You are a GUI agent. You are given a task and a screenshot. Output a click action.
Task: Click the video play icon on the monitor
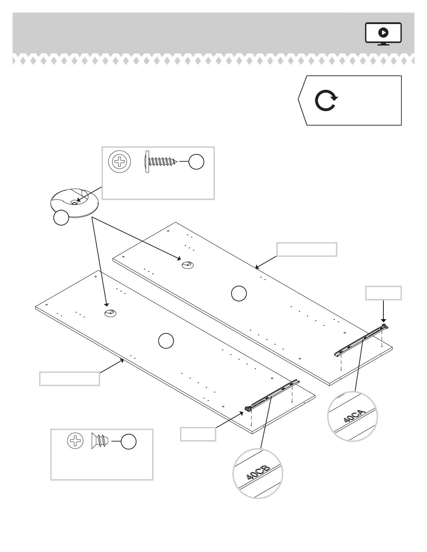pos(383,33)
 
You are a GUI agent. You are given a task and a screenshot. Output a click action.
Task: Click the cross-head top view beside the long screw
pos(120,162)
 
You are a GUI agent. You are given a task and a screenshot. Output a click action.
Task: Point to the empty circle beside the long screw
pos(196,162)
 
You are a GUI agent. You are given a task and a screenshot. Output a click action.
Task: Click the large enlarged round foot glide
pos(74,203)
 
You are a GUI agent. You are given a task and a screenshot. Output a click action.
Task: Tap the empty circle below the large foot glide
pos(61,218)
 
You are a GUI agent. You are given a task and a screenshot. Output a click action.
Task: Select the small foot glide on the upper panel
pos(187,265)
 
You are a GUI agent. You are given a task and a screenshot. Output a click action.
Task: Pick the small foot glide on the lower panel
pos(110,313)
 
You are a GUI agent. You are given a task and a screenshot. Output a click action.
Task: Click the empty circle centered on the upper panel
pos(239,293)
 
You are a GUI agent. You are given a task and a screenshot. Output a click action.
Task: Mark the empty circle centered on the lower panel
pos(166,341)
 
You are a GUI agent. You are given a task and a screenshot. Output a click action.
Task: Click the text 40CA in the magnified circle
pos(354,416)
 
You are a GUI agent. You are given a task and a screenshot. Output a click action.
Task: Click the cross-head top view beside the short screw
pos(75,442)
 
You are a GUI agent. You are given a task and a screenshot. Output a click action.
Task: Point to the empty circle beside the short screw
pos(128,442)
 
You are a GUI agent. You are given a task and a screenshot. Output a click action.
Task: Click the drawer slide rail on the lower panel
pos(272,396)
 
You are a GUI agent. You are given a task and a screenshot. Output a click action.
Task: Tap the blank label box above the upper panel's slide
pos(383,293)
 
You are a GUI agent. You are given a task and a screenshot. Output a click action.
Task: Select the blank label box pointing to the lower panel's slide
pos(198,434)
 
